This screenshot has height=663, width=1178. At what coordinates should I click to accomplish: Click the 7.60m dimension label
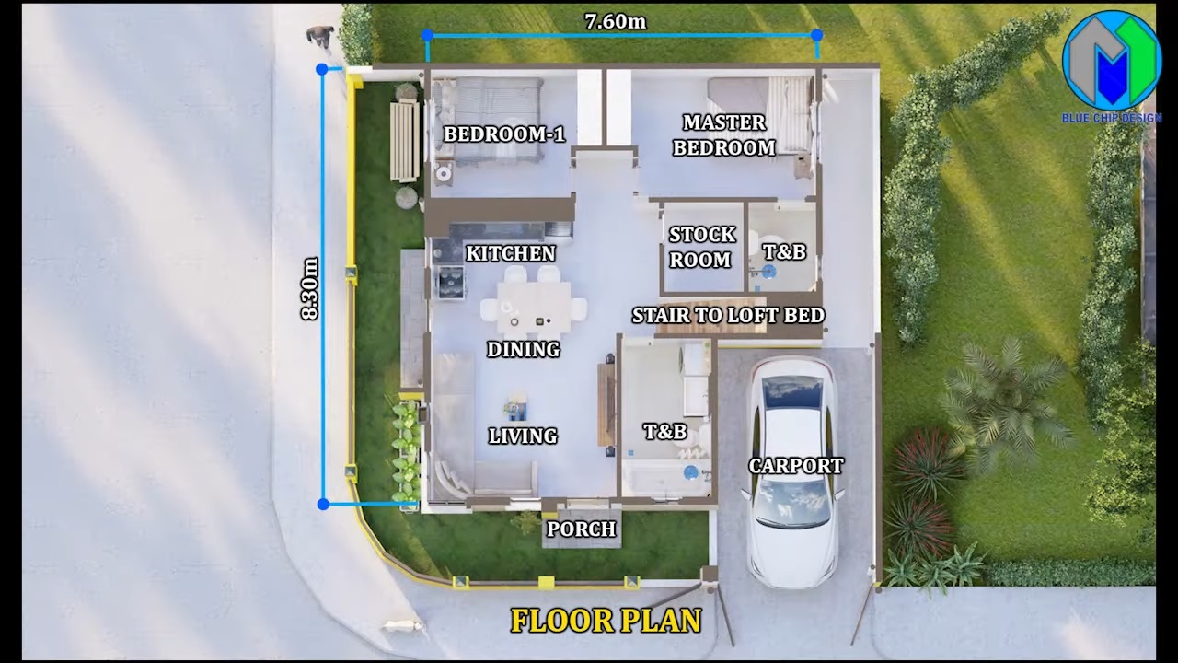pos(616,21)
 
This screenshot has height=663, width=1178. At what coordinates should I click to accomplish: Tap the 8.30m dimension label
pos(310,288)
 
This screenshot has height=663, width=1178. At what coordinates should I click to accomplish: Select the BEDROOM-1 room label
pos(504,134)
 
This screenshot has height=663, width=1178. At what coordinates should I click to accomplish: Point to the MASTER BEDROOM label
pos(724,135)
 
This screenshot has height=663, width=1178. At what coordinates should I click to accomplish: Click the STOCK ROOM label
pos(701,247)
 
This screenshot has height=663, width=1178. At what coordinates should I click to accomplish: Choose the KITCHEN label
pos(511,253)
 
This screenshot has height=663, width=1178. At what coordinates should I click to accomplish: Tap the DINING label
pos(524,349)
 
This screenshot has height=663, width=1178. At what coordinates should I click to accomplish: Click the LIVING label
pos(523,436)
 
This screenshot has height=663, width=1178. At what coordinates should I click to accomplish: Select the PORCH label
pos(581,529)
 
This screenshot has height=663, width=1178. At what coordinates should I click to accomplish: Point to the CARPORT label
pos(796,466)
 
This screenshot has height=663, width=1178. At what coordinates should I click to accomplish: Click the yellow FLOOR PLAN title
pos(606,621)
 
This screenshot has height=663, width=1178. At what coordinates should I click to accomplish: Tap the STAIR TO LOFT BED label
pos(728,315)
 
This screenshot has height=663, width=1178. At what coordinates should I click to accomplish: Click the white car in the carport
pos(793,471)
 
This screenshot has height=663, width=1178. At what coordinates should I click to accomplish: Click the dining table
pos(535,308)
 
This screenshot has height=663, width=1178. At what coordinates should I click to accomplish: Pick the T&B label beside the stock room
pos(784,251)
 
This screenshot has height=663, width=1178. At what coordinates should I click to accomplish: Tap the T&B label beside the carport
pos(665,432)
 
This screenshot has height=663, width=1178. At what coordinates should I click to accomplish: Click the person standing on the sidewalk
pos(320,36)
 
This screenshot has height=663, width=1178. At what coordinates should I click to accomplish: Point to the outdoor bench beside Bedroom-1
pos(404,140)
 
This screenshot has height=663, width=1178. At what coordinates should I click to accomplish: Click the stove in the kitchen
pos(450,283)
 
